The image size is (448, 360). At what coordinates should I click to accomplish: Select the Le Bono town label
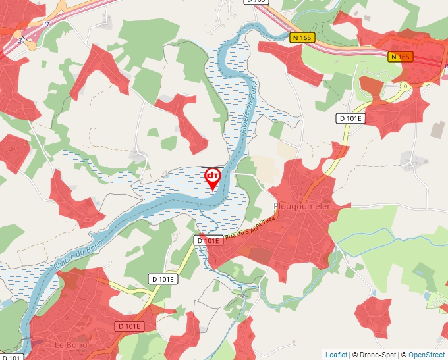click(70, 345)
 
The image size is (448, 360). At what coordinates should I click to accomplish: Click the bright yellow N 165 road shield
click(301, 38)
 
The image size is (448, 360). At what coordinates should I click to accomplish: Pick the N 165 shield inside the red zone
click(400, 57)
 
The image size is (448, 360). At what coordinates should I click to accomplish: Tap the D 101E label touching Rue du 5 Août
click(208, 241)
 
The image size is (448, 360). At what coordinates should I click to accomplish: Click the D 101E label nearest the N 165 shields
click(350, 118)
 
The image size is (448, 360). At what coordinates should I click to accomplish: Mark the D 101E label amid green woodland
click(161, 279)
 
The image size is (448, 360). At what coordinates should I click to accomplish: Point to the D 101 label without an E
click(12, 357)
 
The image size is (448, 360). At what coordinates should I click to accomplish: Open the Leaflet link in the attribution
click(336, 355)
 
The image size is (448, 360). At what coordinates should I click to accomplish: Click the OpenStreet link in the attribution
click(427, 355)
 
